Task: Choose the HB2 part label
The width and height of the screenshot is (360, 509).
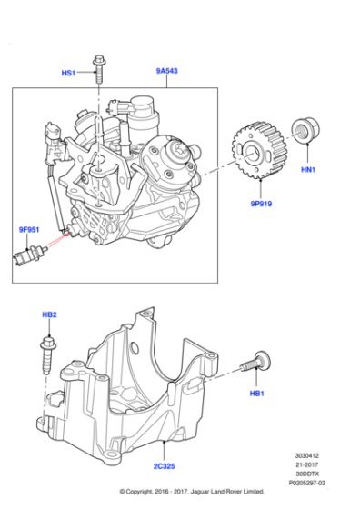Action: (x=49, y=314)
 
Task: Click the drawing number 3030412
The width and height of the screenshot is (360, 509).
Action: (x=307, y=457)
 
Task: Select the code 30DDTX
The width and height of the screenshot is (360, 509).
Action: (x=309, y=475)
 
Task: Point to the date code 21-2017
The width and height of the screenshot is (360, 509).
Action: (x=309, y=466)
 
